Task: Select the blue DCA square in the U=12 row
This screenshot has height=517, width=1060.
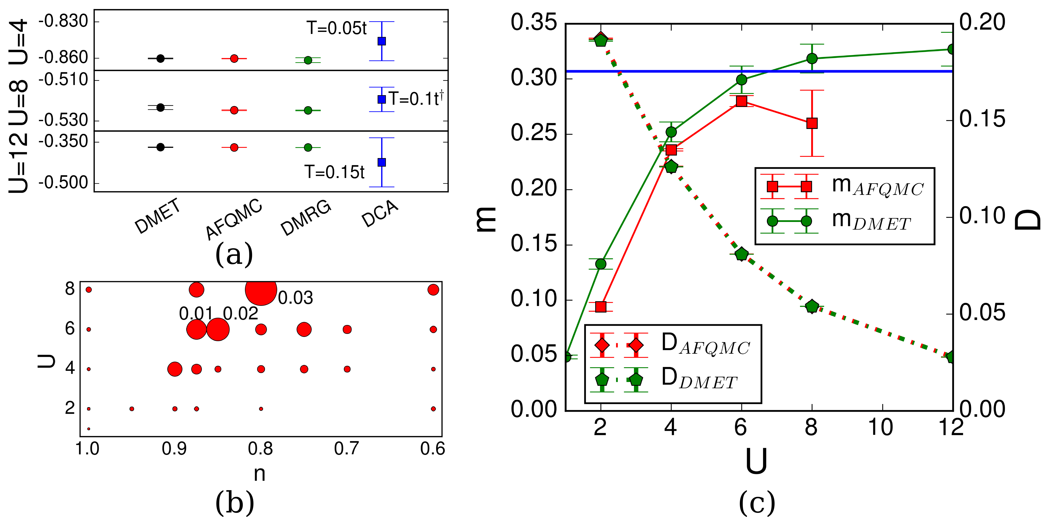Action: click(381, 162)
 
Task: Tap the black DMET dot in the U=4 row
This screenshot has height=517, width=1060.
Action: click(161, 58)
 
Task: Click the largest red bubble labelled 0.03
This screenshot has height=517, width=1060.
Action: click(261, 290)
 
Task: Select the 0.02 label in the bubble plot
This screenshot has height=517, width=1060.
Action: click(240, 314)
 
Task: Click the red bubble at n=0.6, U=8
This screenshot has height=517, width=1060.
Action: click(433, 290)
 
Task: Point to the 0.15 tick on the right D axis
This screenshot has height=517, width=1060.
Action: click(982, 119)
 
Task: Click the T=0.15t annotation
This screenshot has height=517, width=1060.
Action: click(334, 172)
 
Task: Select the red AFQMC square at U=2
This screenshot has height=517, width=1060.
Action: click(601, 307)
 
